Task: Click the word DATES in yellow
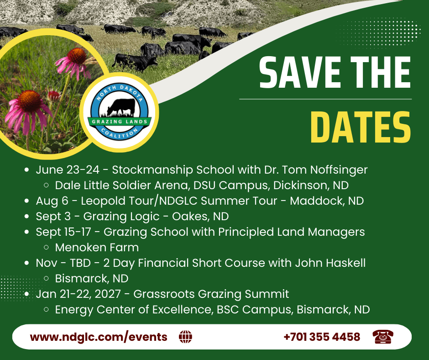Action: point(361,127)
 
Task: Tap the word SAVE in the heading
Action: point(300,72)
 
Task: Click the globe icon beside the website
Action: point(185,336)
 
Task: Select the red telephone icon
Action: point(383,336)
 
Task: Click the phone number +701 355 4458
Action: point(322,337)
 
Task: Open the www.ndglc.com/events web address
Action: point(99,337)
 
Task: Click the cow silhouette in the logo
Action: point(121,107)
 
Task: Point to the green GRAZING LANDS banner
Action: point(120,122)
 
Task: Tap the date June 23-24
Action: point(68,169)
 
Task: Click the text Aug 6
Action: point(52,201)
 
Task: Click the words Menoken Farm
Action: point(97,248)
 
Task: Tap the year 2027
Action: point(107,294)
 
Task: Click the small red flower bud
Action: point(54,95)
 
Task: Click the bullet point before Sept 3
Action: point(26,217)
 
